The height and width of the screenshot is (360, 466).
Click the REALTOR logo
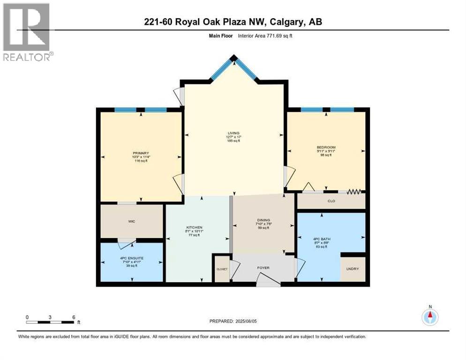[27, 32]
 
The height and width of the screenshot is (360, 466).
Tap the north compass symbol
[430, 317]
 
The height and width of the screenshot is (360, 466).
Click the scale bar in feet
[51, 322]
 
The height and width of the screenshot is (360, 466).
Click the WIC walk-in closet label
[132, 221]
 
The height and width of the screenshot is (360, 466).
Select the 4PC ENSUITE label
[132, 258]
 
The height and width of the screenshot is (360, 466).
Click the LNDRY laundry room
[352, 270]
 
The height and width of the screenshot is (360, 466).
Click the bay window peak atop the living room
[233, 59]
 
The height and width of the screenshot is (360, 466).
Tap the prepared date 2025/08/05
[233, 321]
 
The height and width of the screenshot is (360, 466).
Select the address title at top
[233, 22]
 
